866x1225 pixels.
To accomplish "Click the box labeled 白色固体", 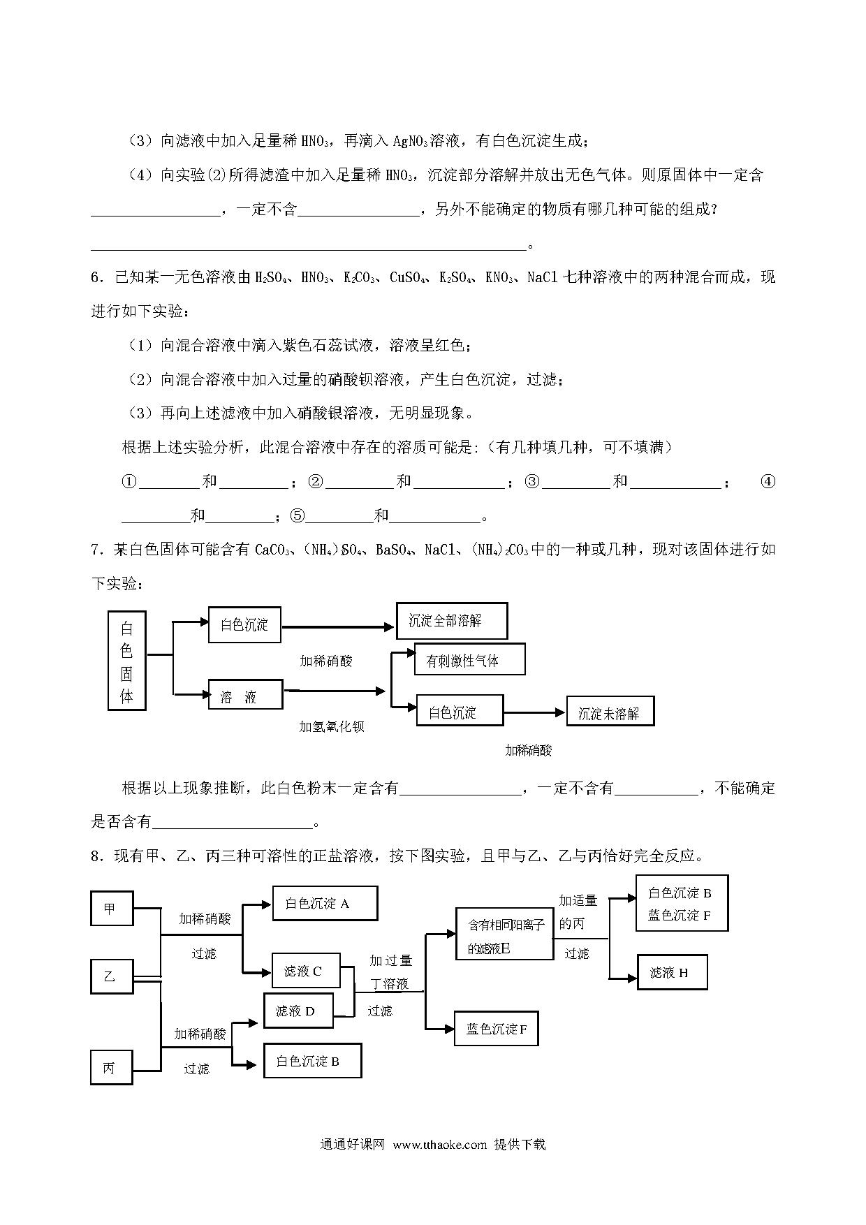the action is pos(126,660).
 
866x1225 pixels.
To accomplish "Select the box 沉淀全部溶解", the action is pos(451,621).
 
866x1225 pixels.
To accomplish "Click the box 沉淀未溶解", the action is pos(610,712).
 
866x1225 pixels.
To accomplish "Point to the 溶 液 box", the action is pos(246,694).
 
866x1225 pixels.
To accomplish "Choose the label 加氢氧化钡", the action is pos(332,726).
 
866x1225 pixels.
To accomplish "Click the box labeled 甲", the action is pos(112,909).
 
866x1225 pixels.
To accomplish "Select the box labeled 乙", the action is pos(112,976).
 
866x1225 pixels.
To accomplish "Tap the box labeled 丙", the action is pos(111,1068).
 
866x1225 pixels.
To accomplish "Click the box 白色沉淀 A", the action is pos(325,904).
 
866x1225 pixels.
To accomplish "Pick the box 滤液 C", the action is pos(305,971).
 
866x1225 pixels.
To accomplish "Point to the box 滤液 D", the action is pos(298,1011).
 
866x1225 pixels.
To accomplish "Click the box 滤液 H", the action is pos(673,972).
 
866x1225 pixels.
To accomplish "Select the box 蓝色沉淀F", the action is pos(496,1029).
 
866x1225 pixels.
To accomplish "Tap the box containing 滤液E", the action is pos(504,934).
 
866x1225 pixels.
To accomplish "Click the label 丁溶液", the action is pos(390,984).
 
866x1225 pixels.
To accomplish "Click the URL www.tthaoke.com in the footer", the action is pos(439,1145).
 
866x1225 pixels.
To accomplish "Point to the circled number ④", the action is pos(768,481).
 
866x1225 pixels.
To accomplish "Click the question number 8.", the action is pos(97,856).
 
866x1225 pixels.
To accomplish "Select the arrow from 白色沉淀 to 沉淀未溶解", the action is pos(534,712).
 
